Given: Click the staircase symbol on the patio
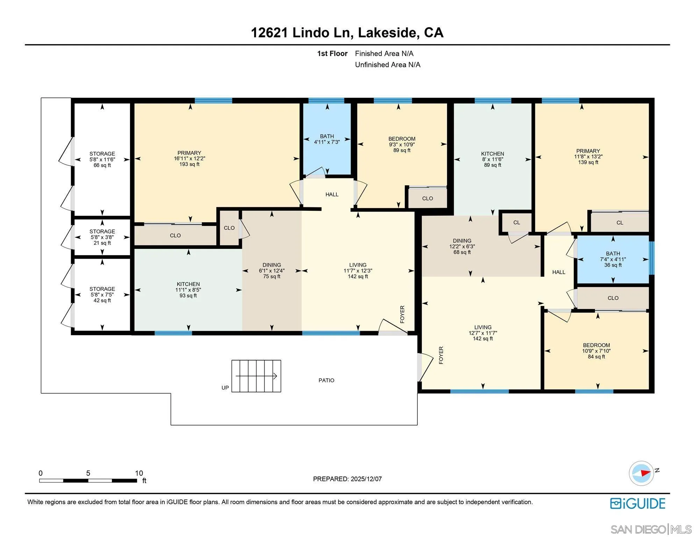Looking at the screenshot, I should pyautogui.click(x=256, y=376).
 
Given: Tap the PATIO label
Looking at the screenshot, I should pyautogui.click(x=326, y=380).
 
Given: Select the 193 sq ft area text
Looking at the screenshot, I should pyautogui.click(x=189, y=164).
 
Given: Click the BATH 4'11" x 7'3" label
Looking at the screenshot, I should pyautogui.click(x=327, y=139).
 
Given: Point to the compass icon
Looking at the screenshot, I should pyautogui.click(x=642, y=473).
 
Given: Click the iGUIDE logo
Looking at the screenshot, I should pyautogui.click(x=638, y=504).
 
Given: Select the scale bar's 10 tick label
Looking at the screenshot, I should pyautogui.click(x=139, y=473).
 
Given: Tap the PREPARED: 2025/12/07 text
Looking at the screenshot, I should pyautogui.click(x=347, y=479).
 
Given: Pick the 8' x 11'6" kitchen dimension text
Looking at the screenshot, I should pyautogui.click(x=492, y=159).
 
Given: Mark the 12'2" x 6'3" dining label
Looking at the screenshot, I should pyautogui.click(x=462, y=246).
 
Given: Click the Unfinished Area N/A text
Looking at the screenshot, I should pyautogui.click(x=387, y=65).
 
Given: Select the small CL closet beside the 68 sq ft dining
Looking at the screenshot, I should pyautogui.click(x=516, y=223).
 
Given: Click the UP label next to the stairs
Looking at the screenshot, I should pyautogui.click(x=225, y=388).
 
